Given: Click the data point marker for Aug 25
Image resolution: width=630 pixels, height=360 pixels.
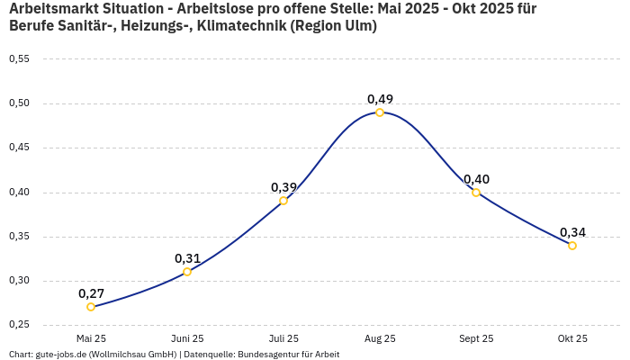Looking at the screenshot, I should click(x=380, y=112).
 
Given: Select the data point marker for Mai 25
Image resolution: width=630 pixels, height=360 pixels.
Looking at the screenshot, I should click(x=91, y=307).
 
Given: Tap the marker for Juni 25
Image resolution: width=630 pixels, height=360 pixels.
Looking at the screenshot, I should click(x=187, y=272).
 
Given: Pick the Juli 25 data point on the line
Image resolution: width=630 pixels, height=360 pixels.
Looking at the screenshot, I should click(x=283, y=201).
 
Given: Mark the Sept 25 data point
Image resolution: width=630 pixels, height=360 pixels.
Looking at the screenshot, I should click(x=476, y=193).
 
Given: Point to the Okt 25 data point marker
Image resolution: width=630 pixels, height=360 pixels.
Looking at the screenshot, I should click(x=572, y=246).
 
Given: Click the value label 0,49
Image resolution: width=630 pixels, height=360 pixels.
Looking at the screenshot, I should click(x=380, y=99).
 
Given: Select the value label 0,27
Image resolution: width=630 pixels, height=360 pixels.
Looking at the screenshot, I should click(x=91, y=293).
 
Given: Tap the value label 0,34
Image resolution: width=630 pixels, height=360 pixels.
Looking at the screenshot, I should click(x=572, y=232).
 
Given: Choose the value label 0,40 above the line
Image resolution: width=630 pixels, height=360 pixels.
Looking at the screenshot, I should click(x=476, y=179).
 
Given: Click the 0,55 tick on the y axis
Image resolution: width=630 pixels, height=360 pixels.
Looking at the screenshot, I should click(x=19, y=59).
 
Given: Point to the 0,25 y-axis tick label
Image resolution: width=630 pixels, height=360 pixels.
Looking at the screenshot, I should click(x=19, y=325).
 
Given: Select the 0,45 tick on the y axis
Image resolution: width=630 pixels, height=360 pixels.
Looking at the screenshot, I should click(x=19, y=148).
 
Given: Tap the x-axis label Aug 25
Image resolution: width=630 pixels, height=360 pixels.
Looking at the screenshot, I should click(x=380, y=338).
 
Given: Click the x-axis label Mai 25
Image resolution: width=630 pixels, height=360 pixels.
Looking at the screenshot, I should click(x=91, y=338).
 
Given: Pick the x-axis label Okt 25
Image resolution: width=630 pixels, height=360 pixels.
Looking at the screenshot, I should click(x=572, y=338).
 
